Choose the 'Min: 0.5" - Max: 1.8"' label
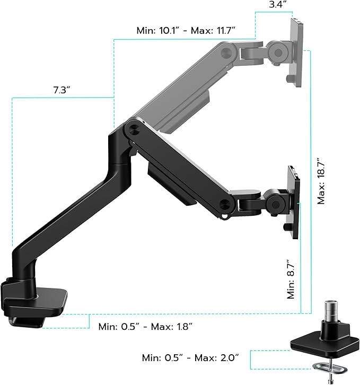pyautogui.click(x=145, y=326)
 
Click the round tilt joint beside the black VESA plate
pyautogui.click(x=275, y=202)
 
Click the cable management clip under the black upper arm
pyautogui.click(x=170, y=183)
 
